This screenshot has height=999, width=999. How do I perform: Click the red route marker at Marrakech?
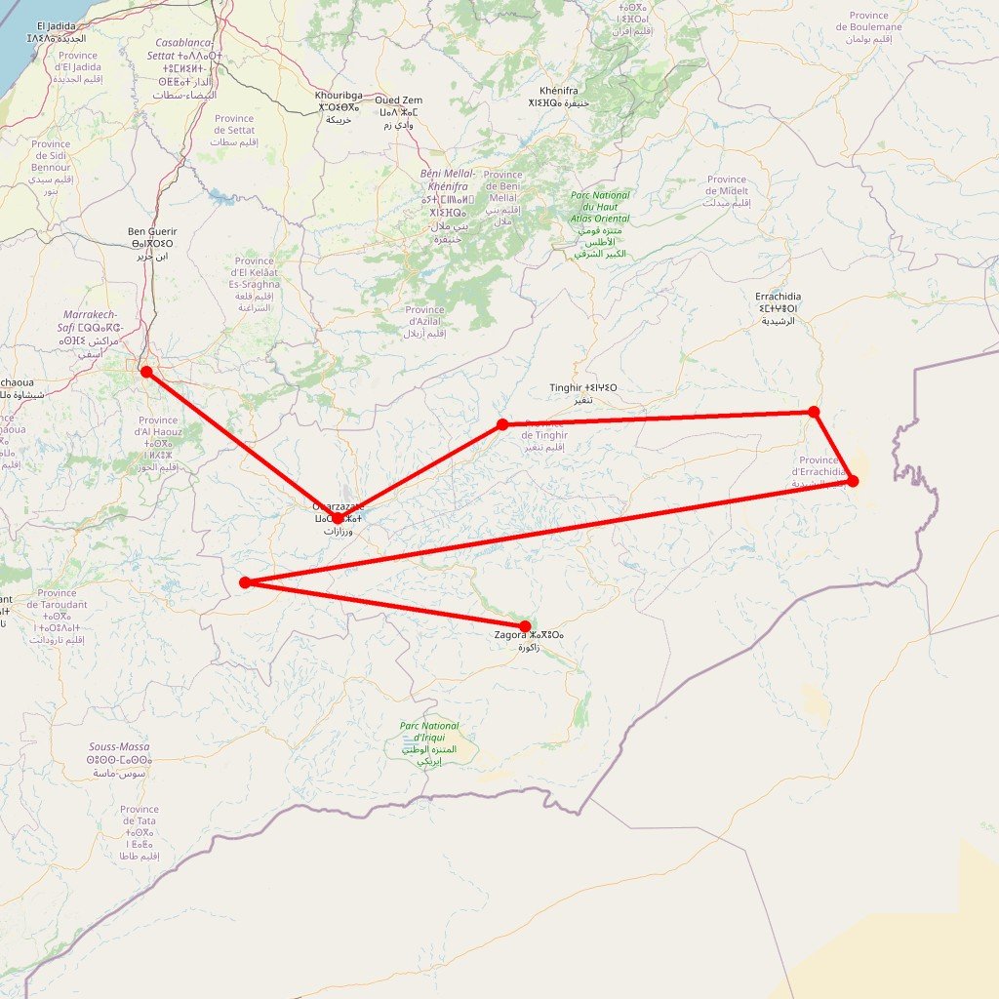pos(146,372)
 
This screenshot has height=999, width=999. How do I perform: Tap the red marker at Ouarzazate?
pos(338,518)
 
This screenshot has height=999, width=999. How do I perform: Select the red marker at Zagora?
pos(525,626)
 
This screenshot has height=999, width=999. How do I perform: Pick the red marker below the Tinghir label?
pos(502,424)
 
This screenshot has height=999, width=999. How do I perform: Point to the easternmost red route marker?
pos(853,481)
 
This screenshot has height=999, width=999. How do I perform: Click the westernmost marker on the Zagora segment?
pos(245,582)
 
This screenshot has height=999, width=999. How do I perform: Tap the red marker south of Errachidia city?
pos(814,412)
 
